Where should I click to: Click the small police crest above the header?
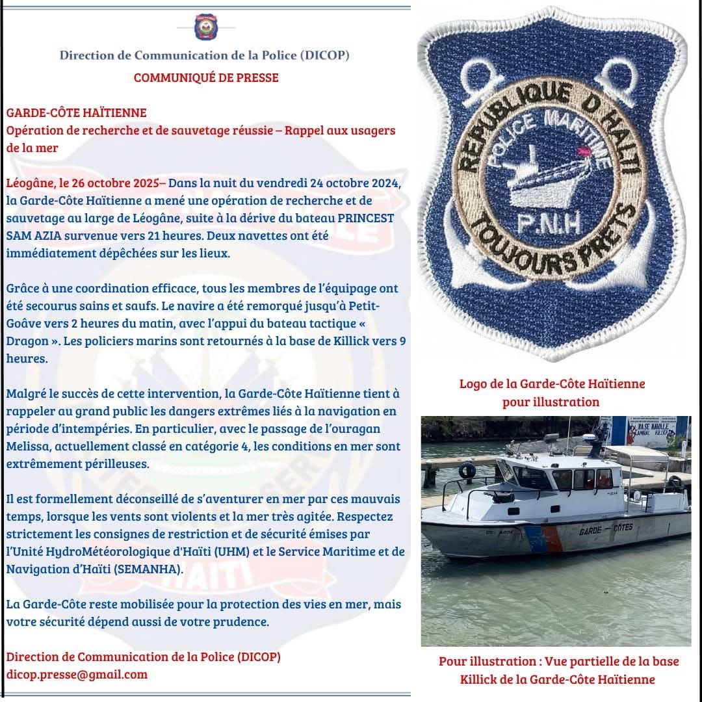click(x=205, y=27)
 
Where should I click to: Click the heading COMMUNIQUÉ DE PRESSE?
click(x=206, y=78)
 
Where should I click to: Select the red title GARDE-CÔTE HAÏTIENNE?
click(x=76, y=113)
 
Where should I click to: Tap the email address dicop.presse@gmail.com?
click(x=77, y=674)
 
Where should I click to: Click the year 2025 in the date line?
click(x=138, y=183)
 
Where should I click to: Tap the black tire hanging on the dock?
click(x=467, y=470)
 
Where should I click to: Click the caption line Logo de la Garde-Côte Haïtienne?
click(x=552, y=383)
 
